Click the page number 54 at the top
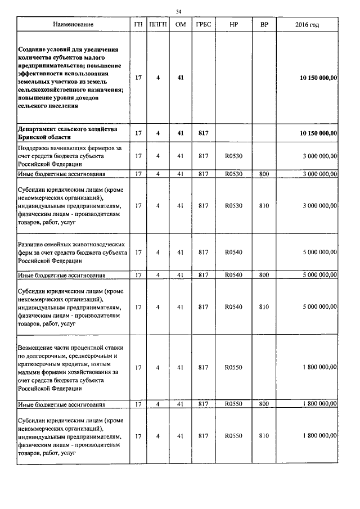(179, 11)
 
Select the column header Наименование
(73, 25)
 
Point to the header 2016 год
(307, 25)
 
